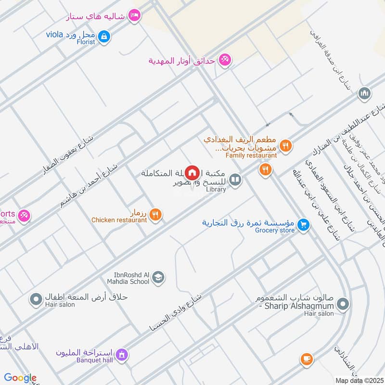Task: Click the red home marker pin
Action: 192,172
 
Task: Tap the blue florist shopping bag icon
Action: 104,36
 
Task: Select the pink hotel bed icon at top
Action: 135,16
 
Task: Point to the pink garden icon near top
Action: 224,60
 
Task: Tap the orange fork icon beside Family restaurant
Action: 286,145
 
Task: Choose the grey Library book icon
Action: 235,180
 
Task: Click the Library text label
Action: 215,190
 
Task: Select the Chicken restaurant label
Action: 119,220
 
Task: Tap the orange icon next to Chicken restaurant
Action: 155,215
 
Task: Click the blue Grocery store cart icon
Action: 303,224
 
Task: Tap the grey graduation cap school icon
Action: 158,277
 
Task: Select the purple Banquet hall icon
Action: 122,355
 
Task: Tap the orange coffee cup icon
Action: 306,359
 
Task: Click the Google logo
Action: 20,378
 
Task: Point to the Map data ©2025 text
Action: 359,380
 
